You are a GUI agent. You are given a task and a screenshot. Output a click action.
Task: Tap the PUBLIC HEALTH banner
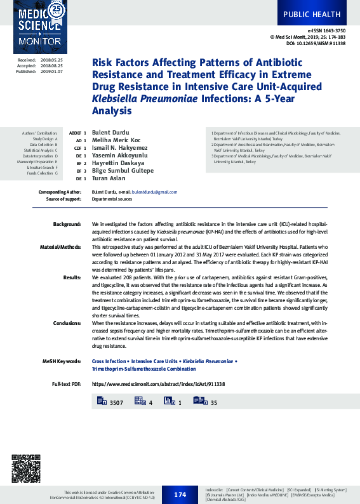click(x=311, y=14)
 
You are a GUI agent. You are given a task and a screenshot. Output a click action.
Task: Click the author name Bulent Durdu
click(x=110, y=132)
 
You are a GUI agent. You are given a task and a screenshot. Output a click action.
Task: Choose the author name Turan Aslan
click(x=109, y=178)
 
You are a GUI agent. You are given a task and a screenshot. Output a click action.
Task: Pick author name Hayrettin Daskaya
click(x=118, y=163)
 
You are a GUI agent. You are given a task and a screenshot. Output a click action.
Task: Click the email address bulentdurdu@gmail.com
click(x=154, y=192)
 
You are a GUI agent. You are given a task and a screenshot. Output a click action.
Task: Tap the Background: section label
click(x=67, y=225)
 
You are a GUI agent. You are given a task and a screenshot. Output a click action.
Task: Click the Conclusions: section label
click(x=67, y=323)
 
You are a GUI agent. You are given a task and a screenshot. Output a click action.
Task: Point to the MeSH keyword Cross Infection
click(x=109, y=361)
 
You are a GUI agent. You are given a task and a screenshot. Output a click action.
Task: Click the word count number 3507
click(x=116, y=403)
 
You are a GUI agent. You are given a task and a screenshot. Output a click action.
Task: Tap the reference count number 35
click(x=214, y=403)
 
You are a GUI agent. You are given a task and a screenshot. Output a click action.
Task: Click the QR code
click(x=25, y=468)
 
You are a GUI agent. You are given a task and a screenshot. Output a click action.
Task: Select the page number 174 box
click(x=180, y=494)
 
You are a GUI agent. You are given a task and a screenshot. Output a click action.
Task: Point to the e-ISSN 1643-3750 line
click(x=326, y=30)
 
